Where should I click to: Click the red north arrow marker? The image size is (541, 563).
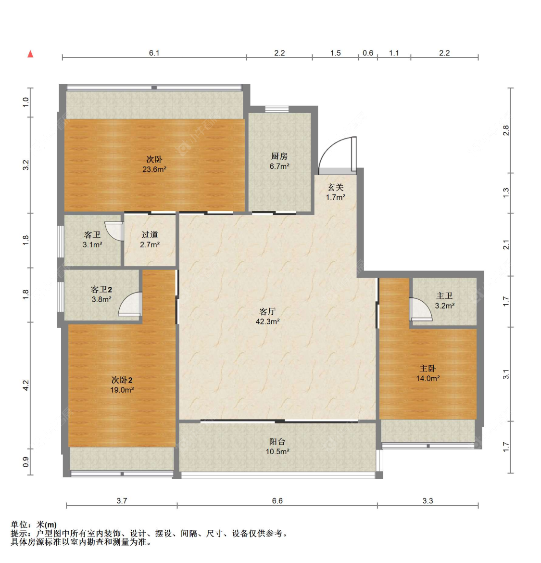(x=30, y=54)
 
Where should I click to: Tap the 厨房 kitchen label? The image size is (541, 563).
(x=279, y=156)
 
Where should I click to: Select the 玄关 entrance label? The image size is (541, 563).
(x=336, y=187)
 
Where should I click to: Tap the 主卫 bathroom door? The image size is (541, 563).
(x=420, y=309)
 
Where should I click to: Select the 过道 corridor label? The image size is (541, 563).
(x=150, y=235)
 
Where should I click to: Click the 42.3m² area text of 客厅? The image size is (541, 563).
(x=268, y=322)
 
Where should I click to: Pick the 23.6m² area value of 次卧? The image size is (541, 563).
(x=154, y=169)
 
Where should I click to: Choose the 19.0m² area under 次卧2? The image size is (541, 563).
(x=122, y=390)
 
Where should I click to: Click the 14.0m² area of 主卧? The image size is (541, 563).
(x=428, y=378)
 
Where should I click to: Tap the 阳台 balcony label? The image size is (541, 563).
(x=277, y=442)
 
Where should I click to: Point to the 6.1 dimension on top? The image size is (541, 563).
(x=154, y=53)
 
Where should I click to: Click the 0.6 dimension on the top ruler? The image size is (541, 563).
(x=368, y=53)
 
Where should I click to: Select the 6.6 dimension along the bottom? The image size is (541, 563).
(x=277, y=501)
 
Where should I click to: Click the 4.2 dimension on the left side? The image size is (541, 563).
(x=26, y=385)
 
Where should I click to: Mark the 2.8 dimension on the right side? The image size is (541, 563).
(x=506, y=130)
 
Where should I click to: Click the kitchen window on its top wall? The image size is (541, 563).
(x=277, y=109)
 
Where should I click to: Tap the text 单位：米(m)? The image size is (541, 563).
(x=34, y=525)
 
